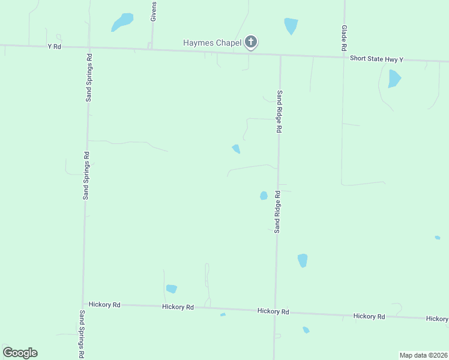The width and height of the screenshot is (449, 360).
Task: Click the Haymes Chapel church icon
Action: click(252, 42)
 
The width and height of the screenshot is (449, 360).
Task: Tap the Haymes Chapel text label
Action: click(212, 43)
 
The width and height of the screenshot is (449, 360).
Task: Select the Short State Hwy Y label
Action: click(376, 59)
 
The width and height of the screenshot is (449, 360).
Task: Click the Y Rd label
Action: click(54, 46)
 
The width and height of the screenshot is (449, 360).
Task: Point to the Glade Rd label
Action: click(345, 37)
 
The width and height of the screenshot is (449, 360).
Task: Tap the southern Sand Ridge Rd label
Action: click(277, 212)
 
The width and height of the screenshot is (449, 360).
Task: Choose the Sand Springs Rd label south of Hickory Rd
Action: click(82, 334)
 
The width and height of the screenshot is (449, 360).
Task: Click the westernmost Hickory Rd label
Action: click(104, 305)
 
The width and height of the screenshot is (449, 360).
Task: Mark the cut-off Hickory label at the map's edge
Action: click(437, 319)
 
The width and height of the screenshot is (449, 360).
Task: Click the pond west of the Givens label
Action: click(122, 22)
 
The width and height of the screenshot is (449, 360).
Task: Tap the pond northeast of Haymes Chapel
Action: click(291, 25)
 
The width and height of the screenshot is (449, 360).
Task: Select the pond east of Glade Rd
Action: click(394, 79)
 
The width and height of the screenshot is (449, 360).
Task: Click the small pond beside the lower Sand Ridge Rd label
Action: click(264, 196)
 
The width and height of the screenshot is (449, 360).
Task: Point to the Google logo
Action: click(20, 353)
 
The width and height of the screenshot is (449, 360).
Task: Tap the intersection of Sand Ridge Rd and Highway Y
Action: click(280, 56)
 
